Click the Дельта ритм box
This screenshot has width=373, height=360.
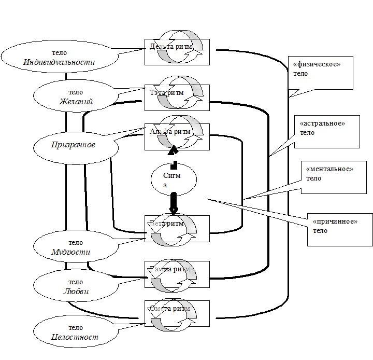pyautogui.click(x=177, y=51)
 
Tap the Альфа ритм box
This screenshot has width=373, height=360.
pyautogui.click(x=177, y=137)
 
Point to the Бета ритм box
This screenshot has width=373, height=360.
pyautogui.click(x=177, y=229)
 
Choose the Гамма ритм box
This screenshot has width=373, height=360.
pyautogui.click(x=177, y=274)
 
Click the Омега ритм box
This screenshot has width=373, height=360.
pyautogui.click(x=177, y=313)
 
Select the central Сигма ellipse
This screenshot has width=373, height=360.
pyautogui.click(x=174, y=179)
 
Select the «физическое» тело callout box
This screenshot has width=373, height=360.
pyautogui.click(x=320, y=72)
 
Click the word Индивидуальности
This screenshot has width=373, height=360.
pyautogui.click(x=60, y=62)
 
